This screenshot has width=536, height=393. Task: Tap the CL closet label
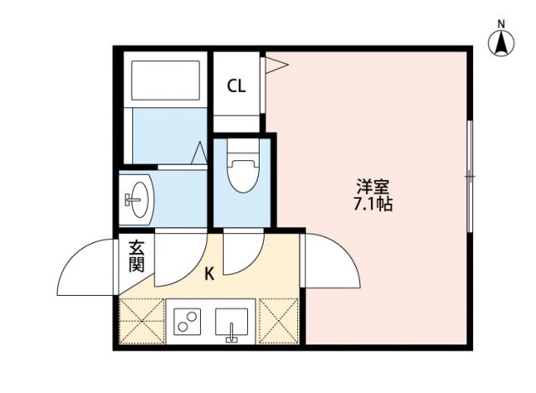point(237,85)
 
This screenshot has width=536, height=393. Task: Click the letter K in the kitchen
point(209,272)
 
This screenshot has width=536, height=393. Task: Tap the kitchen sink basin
point(231,321)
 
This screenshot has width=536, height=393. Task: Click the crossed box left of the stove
point(142,320)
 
